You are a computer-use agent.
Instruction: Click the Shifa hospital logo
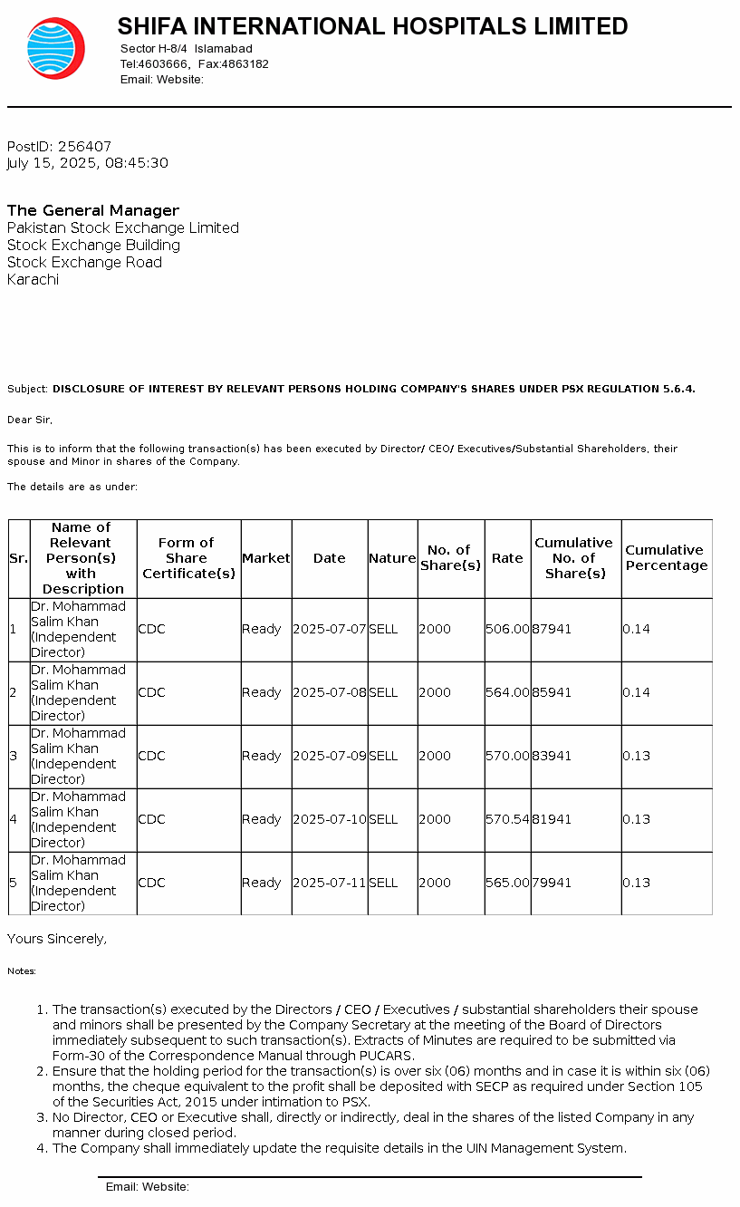[55, 48]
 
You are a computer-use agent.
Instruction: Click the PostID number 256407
[84, 147]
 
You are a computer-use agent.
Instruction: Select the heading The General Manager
[93, 210]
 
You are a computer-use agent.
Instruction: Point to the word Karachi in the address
[33, 280]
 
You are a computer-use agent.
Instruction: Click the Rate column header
[507, 558]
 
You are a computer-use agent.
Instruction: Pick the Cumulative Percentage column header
[666, 558]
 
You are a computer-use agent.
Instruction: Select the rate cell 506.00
[507, 629]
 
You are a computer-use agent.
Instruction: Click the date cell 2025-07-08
[330, 692]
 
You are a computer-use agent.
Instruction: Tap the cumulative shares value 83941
[552, 756]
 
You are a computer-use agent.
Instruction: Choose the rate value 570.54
[507, 819]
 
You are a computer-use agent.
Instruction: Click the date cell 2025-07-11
[330, 883]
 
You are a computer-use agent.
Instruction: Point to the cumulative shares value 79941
[552, 883]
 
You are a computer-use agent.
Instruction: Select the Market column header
[266, 558]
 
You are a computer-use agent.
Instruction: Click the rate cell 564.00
[507, 692]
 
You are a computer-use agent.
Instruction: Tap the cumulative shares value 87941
[552, 629]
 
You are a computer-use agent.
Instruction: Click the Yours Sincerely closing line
[57, 940]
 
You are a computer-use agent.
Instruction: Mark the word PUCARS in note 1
[389, 1056]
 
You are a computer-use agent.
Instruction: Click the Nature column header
[392, 558]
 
